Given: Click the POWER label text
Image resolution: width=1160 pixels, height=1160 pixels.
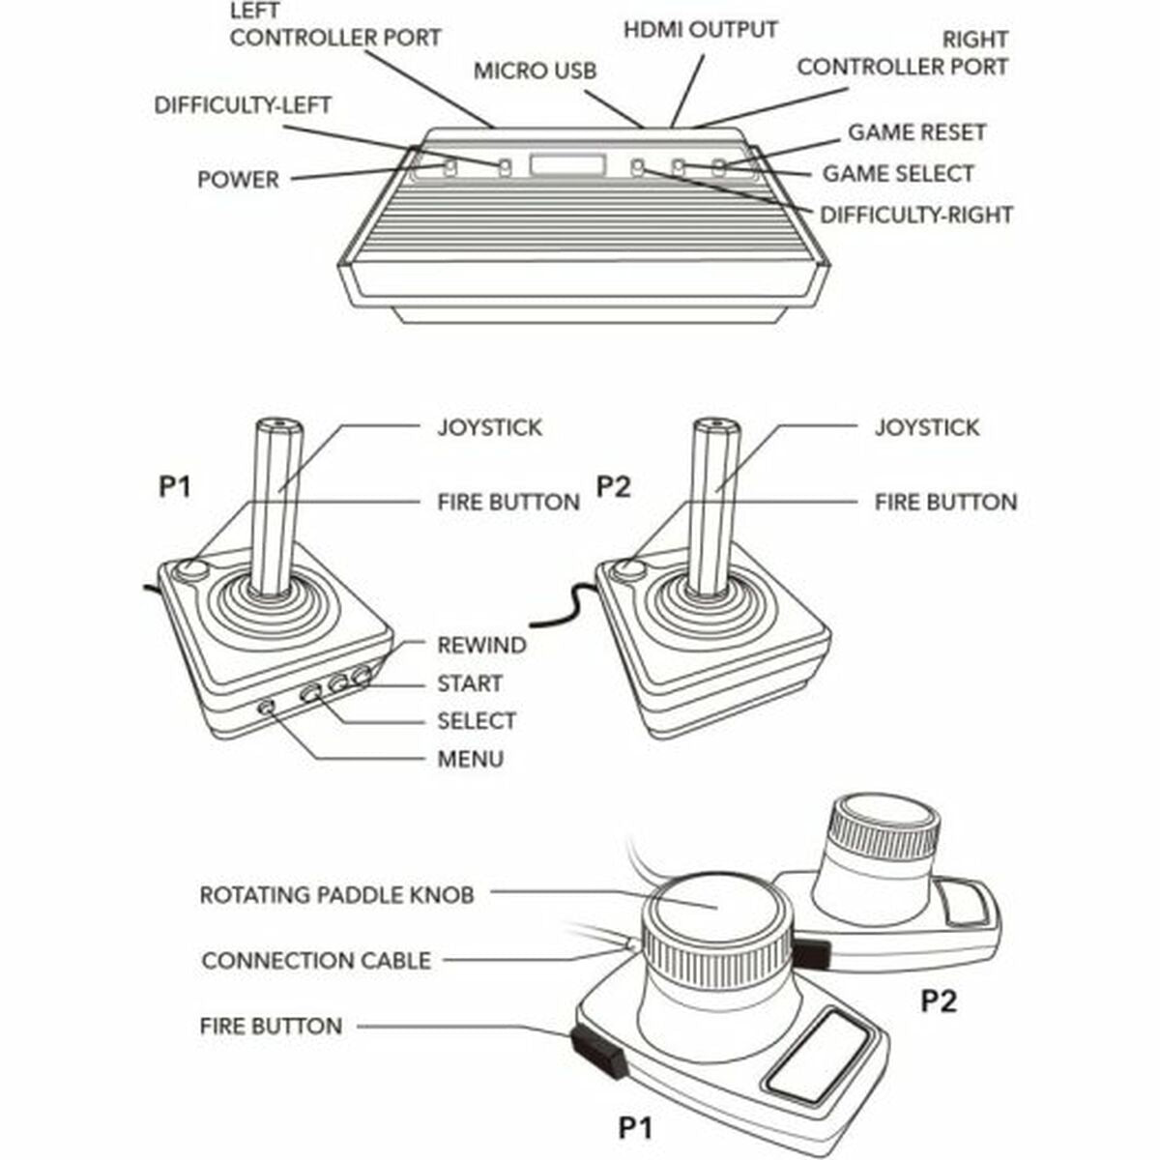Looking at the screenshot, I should (238, 180).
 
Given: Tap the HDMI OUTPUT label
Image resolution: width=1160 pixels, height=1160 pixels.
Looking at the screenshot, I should (700, 29).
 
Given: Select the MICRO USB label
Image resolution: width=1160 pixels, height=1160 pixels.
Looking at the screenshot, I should (535, 71).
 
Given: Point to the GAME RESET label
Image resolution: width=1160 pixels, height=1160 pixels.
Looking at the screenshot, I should (916, 132).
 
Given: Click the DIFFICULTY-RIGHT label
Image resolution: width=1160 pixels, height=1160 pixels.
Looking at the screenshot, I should (915, 215).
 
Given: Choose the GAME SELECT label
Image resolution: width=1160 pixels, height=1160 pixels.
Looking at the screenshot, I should (898, 174).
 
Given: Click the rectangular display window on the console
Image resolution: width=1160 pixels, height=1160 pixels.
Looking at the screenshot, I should (567, 165).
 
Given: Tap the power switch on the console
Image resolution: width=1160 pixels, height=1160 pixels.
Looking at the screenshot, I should (449, 168).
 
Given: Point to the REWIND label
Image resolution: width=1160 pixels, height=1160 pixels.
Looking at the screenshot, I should (481, 646).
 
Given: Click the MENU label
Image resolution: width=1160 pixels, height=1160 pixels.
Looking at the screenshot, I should (470, 759).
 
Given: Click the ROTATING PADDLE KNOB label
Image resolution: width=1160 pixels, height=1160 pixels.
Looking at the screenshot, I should (336, 895).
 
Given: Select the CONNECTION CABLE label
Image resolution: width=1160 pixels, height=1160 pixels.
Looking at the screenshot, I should (316, 961).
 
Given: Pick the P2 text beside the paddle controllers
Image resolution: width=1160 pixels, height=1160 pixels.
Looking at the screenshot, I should (938, 1000).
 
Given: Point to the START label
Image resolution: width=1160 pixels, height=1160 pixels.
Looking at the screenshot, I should (470, 683).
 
